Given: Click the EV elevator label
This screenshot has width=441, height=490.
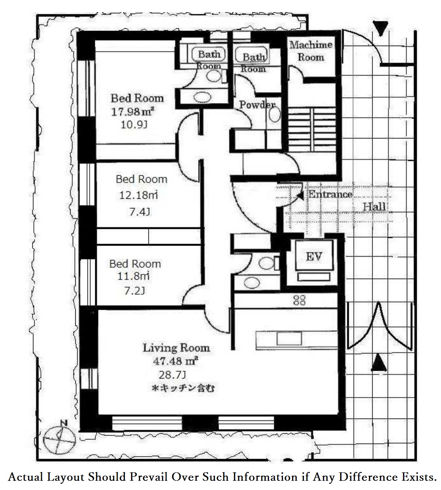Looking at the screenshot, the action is click(x=314, y=257).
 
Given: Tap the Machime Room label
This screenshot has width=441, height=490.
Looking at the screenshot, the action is click(x=311, y=51).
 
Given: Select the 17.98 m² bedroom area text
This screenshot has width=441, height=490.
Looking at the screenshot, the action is click(x=132, y=112).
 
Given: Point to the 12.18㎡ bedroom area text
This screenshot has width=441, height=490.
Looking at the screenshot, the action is click(x=138, y=195).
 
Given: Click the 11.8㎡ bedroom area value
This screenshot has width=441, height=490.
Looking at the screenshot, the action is click(x=133, y=276).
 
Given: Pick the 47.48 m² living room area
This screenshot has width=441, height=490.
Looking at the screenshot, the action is click(x=175, y=361).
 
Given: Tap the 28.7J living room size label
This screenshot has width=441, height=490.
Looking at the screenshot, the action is click(x=172, y=375).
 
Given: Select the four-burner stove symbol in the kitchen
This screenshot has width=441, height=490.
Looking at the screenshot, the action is click(x=300, y=300).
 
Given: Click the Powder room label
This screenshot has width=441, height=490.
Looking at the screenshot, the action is click(x=257, y=105).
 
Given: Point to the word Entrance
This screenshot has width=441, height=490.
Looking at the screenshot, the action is click(x=330, y=194).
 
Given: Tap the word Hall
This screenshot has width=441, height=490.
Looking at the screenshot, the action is click(x=374, y=207).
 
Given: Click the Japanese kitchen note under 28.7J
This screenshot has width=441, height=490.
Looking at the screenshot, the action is click(x=183, y=388).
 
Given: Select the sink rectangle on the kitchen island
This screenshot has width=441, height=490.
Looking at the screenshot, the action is click(x=289, y=339).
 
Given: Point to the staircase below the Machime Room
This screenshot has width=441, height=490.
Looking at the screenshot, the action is click(x=312, y=130).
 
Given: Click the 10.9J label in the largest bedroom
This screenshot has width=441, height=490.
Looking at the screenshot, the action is click(x=134, y=125).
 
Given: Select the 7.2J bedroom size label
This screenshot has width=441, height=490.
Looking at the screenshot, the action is click(x=135, y=291).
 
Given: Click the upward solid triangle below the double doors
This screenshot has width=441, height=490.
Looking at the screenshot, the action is click(x=379, y=363).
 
